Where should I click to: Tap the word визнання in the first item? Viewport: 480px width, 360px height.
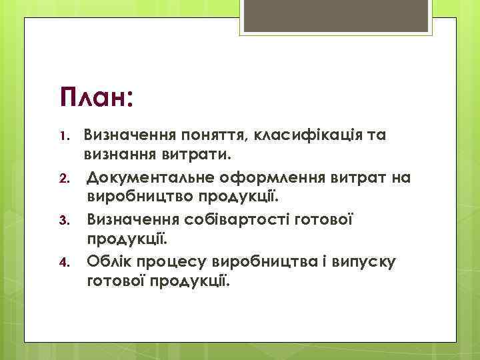tap(121, 157)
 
